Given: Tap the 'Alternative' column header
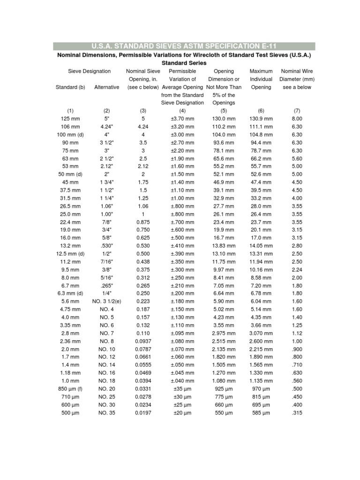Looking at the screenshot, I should tap(106, 87).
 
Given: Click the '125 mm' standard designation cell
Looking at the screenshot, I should tap(70, 119).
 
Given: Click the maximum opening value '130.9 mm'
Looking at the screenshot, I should tap(261, 119).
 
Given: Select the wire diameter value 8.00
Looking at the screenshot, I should tap(297, 119).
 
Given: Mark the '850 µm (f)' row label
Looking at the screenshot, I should tap(70, 390).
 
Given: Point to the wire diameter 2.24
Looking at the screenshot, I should tap(297, 270).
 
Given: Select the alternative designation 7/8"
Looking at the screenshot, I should tap(106, 222).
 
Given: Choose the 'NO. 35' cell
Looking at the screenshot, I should tap(106, 413).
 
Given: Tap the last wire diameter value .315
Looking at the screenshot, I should tap(297, 413).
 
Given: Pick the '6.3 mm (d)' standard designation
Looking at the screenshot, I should tap(70, 294).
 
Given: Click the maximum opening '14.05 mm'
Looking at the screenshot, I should tap(261, 246).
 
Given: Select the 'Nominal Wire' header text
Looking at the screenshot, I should tap(297, 71).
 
